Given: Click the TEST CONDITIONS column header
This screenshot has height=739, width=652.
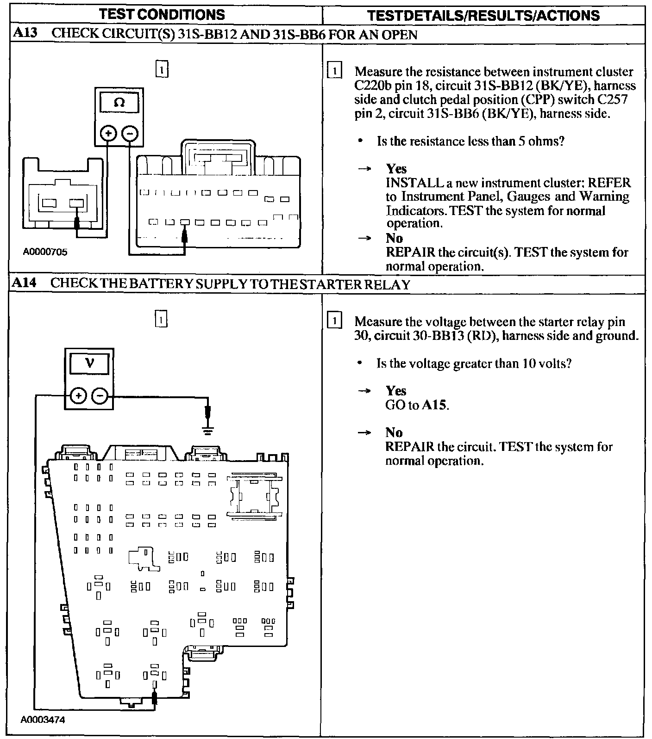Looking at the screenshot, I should [x=162, y=15].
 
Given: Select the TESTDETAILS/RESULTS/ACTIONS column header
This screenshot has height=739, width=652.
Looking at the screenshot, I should [x=483, y=15].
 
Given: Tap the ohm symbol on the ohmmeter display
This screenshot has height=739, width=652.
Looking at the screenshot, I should [x=119, y=102].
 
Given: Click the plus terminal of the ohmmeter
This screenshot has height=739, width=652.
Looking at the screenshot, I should [x=109, y=134].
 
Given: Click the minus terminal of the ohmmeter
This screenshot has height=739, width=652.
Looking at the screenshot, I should [x=130, y=134].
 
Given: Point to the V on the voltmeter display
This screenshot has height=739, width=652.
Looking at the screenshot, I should [x=90, y=362].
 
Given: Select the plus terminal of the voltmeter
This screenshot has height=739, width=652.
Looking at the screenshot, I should [x=78, y=396].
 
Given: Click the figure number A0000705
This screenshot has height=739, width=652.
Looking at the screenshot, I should [x=45, y=252].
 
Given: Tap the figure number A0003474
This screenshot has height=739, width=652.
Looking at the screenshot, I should [x=43, y=720].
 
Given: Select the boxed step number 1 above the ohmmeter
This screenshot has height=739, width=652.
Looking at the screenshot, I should [x=162, y=69].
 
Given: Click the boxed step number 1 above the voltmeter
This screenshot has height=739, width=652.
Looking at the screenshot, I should [x=161, y=319].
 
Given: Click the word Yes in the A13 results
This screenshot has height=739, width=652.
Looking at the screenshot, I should [x=396, y=169].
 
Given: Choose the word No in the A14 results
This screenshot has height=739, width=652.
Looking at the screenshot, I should [x=394, y=432].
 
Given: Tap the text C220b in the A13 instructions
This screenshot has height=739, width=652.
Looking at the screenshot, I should [x=373, y=86].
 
